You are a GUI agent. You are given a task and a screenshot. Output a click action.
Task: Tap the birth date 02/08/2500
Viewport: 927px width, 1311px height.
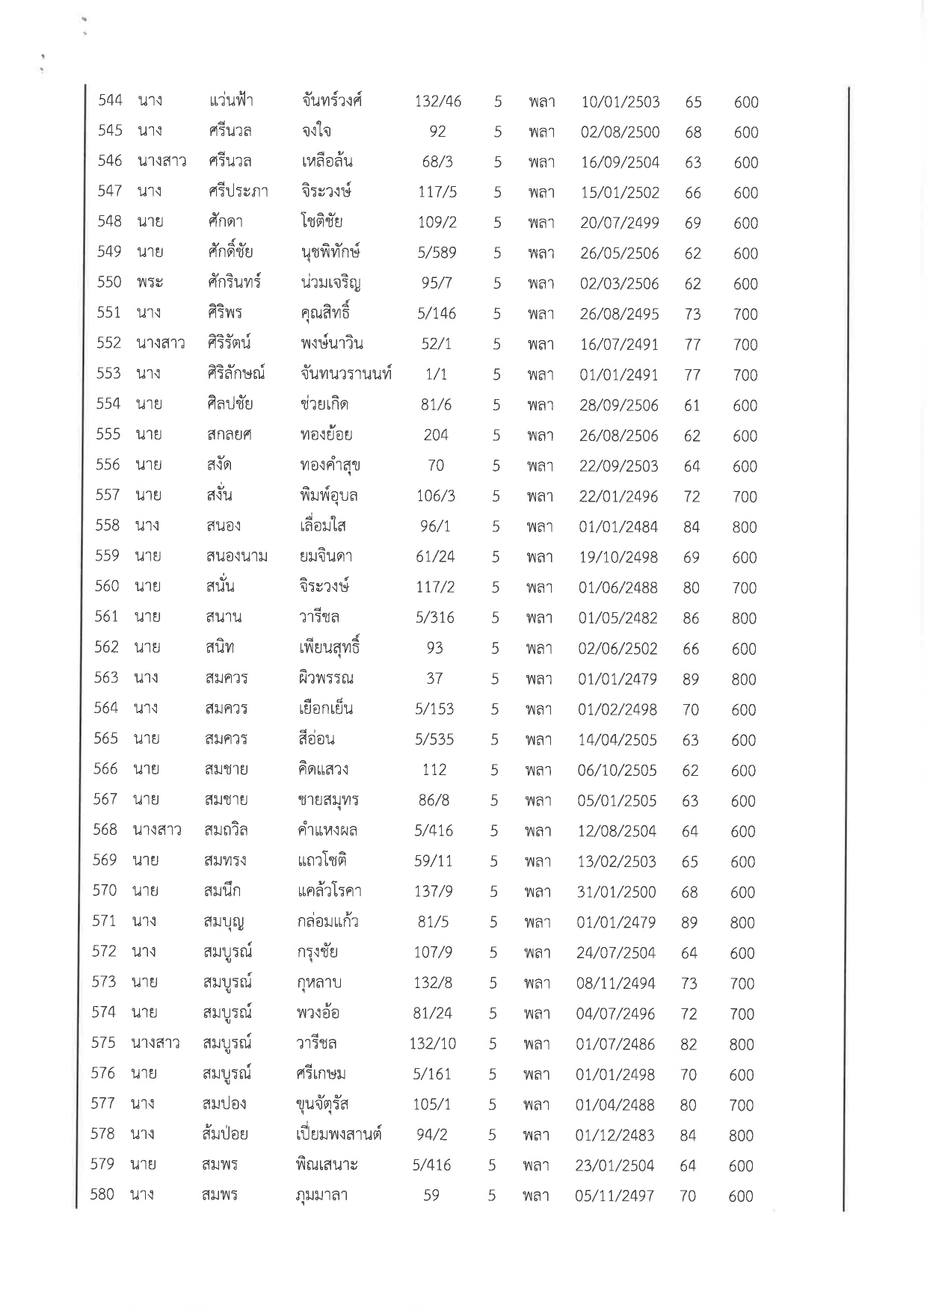pos(620,132)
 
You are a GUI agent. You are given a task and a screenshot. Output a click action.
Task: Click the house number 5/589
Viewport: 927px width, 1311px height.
pos(437,253)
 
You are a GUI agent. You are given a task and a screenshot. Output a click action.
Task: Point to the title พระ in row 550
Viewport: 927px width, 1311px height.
pos(150,283)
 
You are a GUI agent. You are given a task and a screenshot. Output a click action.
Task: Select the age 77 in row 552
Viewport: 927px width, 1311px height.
pos(692,345)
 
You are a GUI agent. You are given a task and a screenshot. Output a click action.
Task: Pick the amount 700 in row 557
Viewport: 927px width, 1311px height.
pos(745,496)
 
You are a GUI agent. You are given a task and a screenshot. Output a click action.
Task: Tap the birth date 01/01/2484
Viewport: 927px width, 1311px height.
pos(618,527)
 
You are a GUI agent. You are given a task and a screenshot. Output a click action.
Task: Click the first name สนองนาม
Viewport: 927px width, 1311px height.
pos(236,557)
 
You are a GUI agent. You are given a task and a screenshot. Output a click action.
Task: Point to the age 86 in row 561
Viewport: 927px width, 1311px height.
pos(691,618)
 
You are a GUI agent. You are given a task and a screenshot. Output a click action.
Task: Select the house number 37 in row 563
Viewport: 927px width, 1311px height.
pos(434,679)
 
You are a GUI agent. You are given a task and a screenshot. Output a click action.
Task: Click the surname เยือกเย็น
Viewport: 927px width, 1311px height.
pos(325,709)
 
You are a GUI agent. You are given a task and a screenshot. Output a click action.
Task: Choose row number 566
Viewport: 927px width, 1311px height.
pos(105,769)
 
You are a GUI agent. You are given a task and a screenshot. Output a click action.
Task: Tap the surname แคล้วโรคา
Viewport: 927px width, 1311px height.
pos(329,891)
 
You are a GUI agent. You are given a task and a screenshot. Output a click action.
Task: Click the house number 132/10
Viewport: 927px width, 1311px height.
pos(433,1043)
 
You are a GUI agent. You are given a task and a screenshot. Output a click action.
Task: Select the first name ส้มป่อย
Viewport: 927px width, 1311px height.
pos(225,1134)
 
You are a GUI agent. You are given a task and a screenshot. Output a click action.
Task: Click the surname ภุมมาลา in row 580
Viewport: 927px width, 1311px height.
pos(322,1195)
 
